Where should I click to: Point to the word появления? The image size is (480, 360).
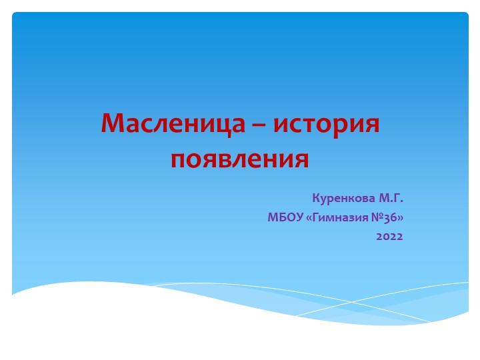tap(240, 159)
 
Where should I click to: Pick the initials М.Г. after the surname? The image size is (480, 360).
tap(391, 198)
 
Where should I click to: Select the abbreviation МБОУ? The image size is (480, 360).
tap(285, 217)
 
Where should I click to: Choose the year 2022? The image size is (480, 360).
tap(389, 236)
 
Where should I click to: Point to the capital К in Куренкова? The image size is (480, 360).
tap(315, 198)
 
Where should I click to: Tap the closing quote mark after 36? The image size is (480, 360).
tap(401, 217)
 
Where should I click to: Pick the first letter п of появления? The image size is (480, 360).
tap(179, 161)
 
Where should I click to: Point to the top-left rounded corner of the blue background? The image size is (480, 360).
tap(15, 15)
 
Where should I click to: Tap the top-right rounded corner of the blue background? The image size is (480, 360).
tap(465, 15)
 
